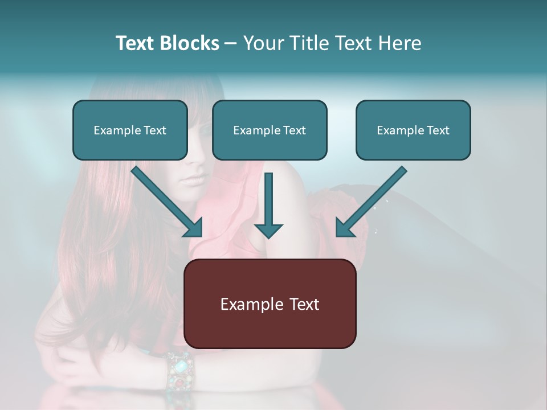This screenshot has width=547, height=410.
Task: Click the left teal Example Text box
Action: pyautogui.click(x=130, y=130)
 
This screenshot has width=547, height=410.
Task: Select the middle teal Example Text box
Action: pyautogui.click(x=270, y=130)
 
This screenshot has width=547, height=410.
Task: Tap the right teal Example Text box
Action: pyautogui.click(x=413, y=130)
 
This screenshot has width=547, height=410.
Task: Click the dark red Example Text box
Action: pyautogui.click(x=270, y=304)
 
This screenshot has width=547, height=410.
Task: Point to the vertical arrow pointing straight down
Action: pyautogui.click(x=268, y=205)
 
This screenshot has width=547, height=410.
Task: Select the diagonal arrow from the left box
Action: pyautogui.click(x=168, y=202)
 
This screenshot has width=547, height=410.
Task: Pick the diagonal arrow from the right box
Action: pyautogui.click(x=370, y=202)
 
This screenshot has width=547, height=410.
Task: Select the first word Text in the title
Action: pyautogui.click(x=134, y=43)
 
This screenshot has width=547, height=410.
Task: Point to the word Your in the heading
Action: pyautogui.click(x=263, y=43)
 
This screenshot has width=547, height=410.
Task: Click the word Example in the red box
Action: pyautogui.click(x=251, y=304)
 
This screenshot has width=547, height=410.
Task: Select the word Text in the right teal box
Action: pyautogui.click(x=438, y=130)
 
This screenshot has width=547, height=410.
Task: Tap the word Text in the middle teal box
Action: pyautogui.click(x=294, y=130)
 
